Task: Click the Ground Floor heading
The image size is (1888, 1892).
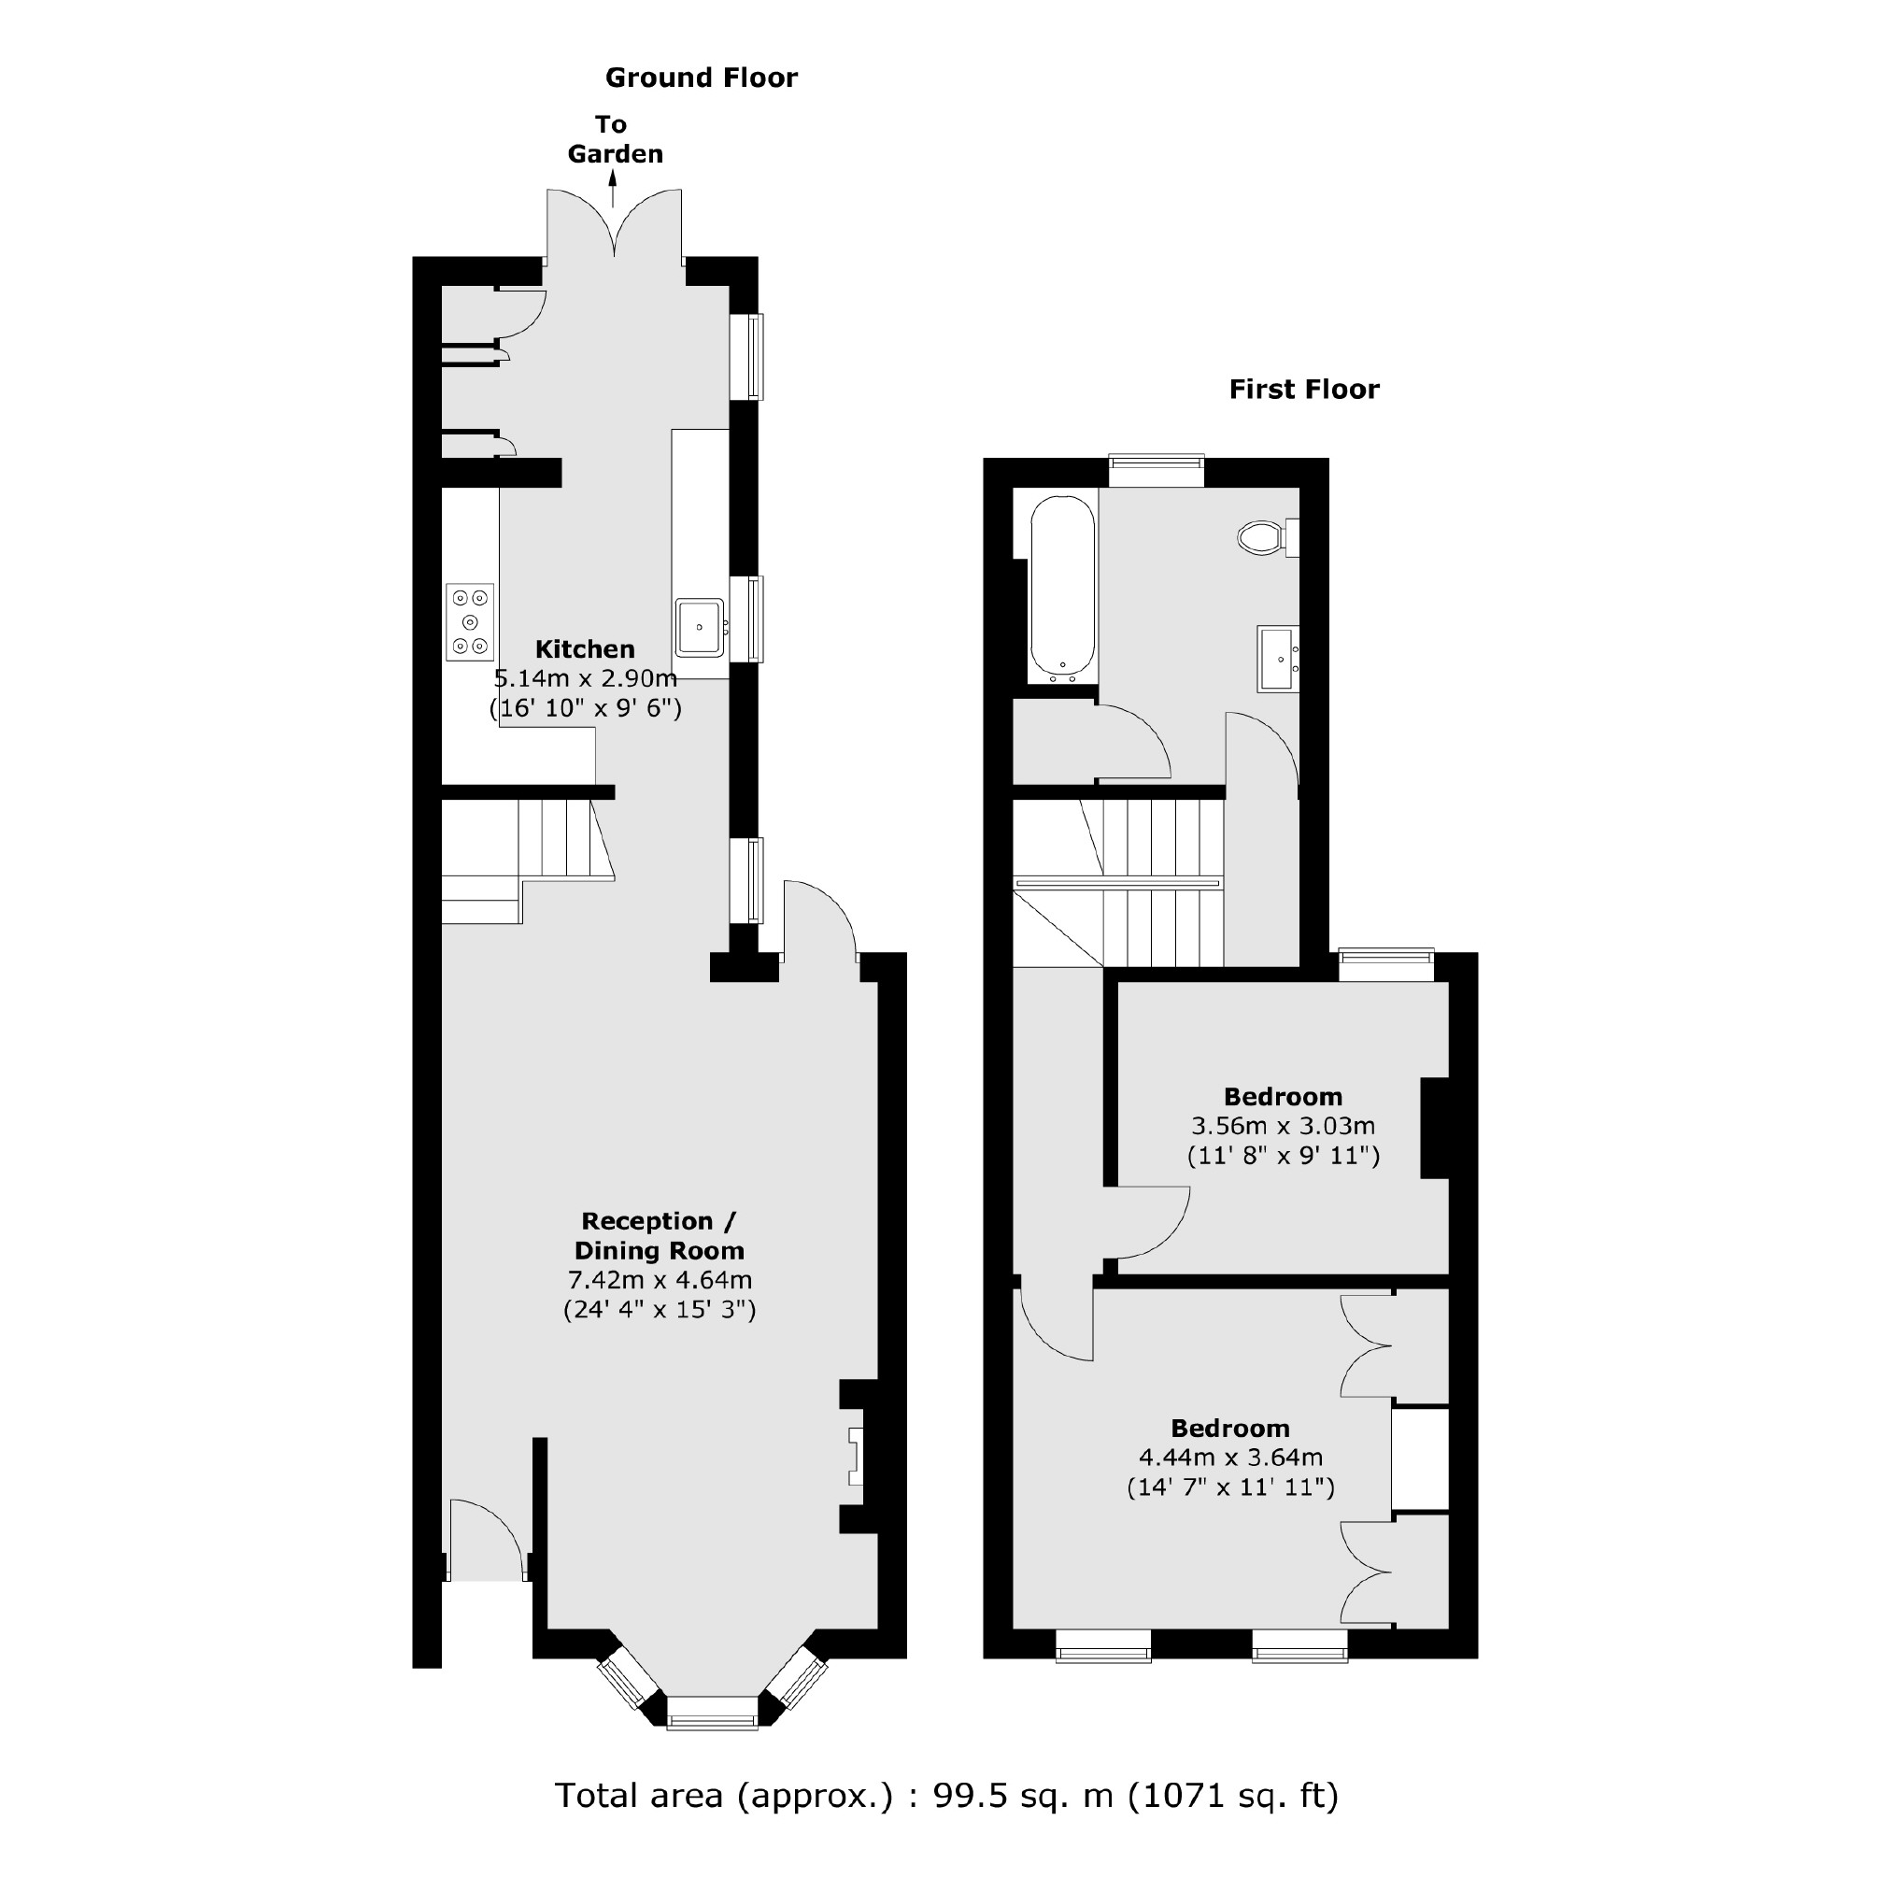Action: [702, 78]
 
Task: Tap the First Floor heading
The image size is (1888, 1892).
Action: [1303, 389]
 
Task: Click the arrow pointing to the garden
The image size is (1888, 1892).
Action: [614, 189]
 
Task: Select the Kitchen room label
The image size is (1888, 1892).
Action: [585, 648]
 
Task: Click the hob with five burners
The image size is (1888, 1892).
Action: [470, 621]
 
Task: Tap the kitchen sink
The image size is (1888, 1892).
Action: [700, 627]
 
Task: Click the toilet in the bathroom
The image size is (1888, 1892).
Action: [1263, 537]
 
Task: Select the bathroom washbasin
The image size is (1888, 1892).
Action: [1279, 659]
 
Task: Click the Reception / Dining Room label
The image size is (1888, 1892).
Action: [659, 1235]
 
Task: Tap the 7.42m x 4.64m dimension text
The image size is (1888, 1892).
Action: [659, 1279]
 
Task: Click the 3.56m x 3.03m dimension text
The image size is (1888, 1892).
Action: [1283, 1125]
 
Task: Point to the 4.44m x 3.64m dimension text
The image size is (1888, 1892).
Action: [1230, 1458]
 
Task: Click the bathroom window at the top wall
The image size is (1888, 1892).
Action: [1156, 471]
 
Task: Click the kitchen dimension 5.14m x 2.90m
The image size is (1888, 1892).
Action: [585, 677]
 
